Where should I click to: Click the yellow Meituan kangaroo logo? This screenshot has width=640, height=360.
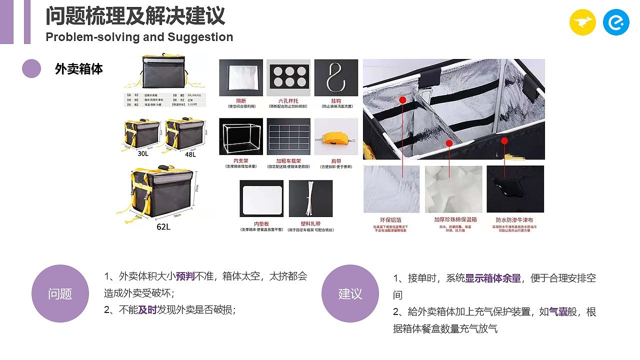[582, 22]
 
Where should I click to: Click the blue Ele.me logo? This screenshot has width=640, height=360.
[616, 22]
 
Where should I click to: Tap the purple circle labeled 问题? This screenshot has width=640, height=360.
[60, 293]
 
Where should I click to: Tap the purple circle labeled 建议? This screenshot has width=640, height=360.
[350, 293]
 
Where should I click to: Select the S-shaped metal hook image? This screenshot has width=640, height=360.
[336, 77]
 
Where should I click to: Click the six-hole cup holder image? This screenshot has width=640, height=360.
[288, 77]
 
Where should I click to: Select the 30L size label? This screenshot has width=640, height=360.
[143, 154]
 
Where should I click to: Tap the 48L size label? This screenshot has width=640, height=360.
[190, 154]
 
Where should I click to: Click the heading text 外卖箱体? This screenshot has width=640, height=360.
[79, 69]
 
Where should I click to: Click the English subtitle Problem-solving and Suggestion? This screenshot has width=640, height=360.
[139, 37]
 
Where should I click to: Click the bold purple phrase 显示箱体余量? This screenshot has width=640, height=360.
[493, 278]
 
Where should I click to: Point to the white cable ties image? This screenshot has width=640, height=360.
[310, 198]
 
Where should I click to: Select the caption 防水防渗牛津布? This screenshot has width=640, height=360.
[514, 219]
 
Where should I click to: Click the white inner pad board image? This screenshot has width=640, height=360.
[262, 198]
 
